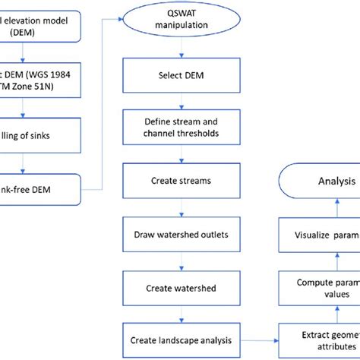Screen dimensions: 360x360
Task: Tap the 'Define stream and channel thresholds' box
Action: coord(181,128)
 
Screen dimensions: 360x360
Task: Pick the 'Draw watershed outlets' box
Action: coord(181,236)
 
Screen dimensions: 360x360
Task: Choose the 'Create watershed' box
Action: coord(181,288)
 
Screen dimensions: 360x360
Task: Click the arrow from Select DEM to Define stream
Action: coord(181,103)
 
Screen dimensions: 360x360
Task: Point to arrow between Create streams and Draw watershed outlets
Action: coord(181,210)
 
